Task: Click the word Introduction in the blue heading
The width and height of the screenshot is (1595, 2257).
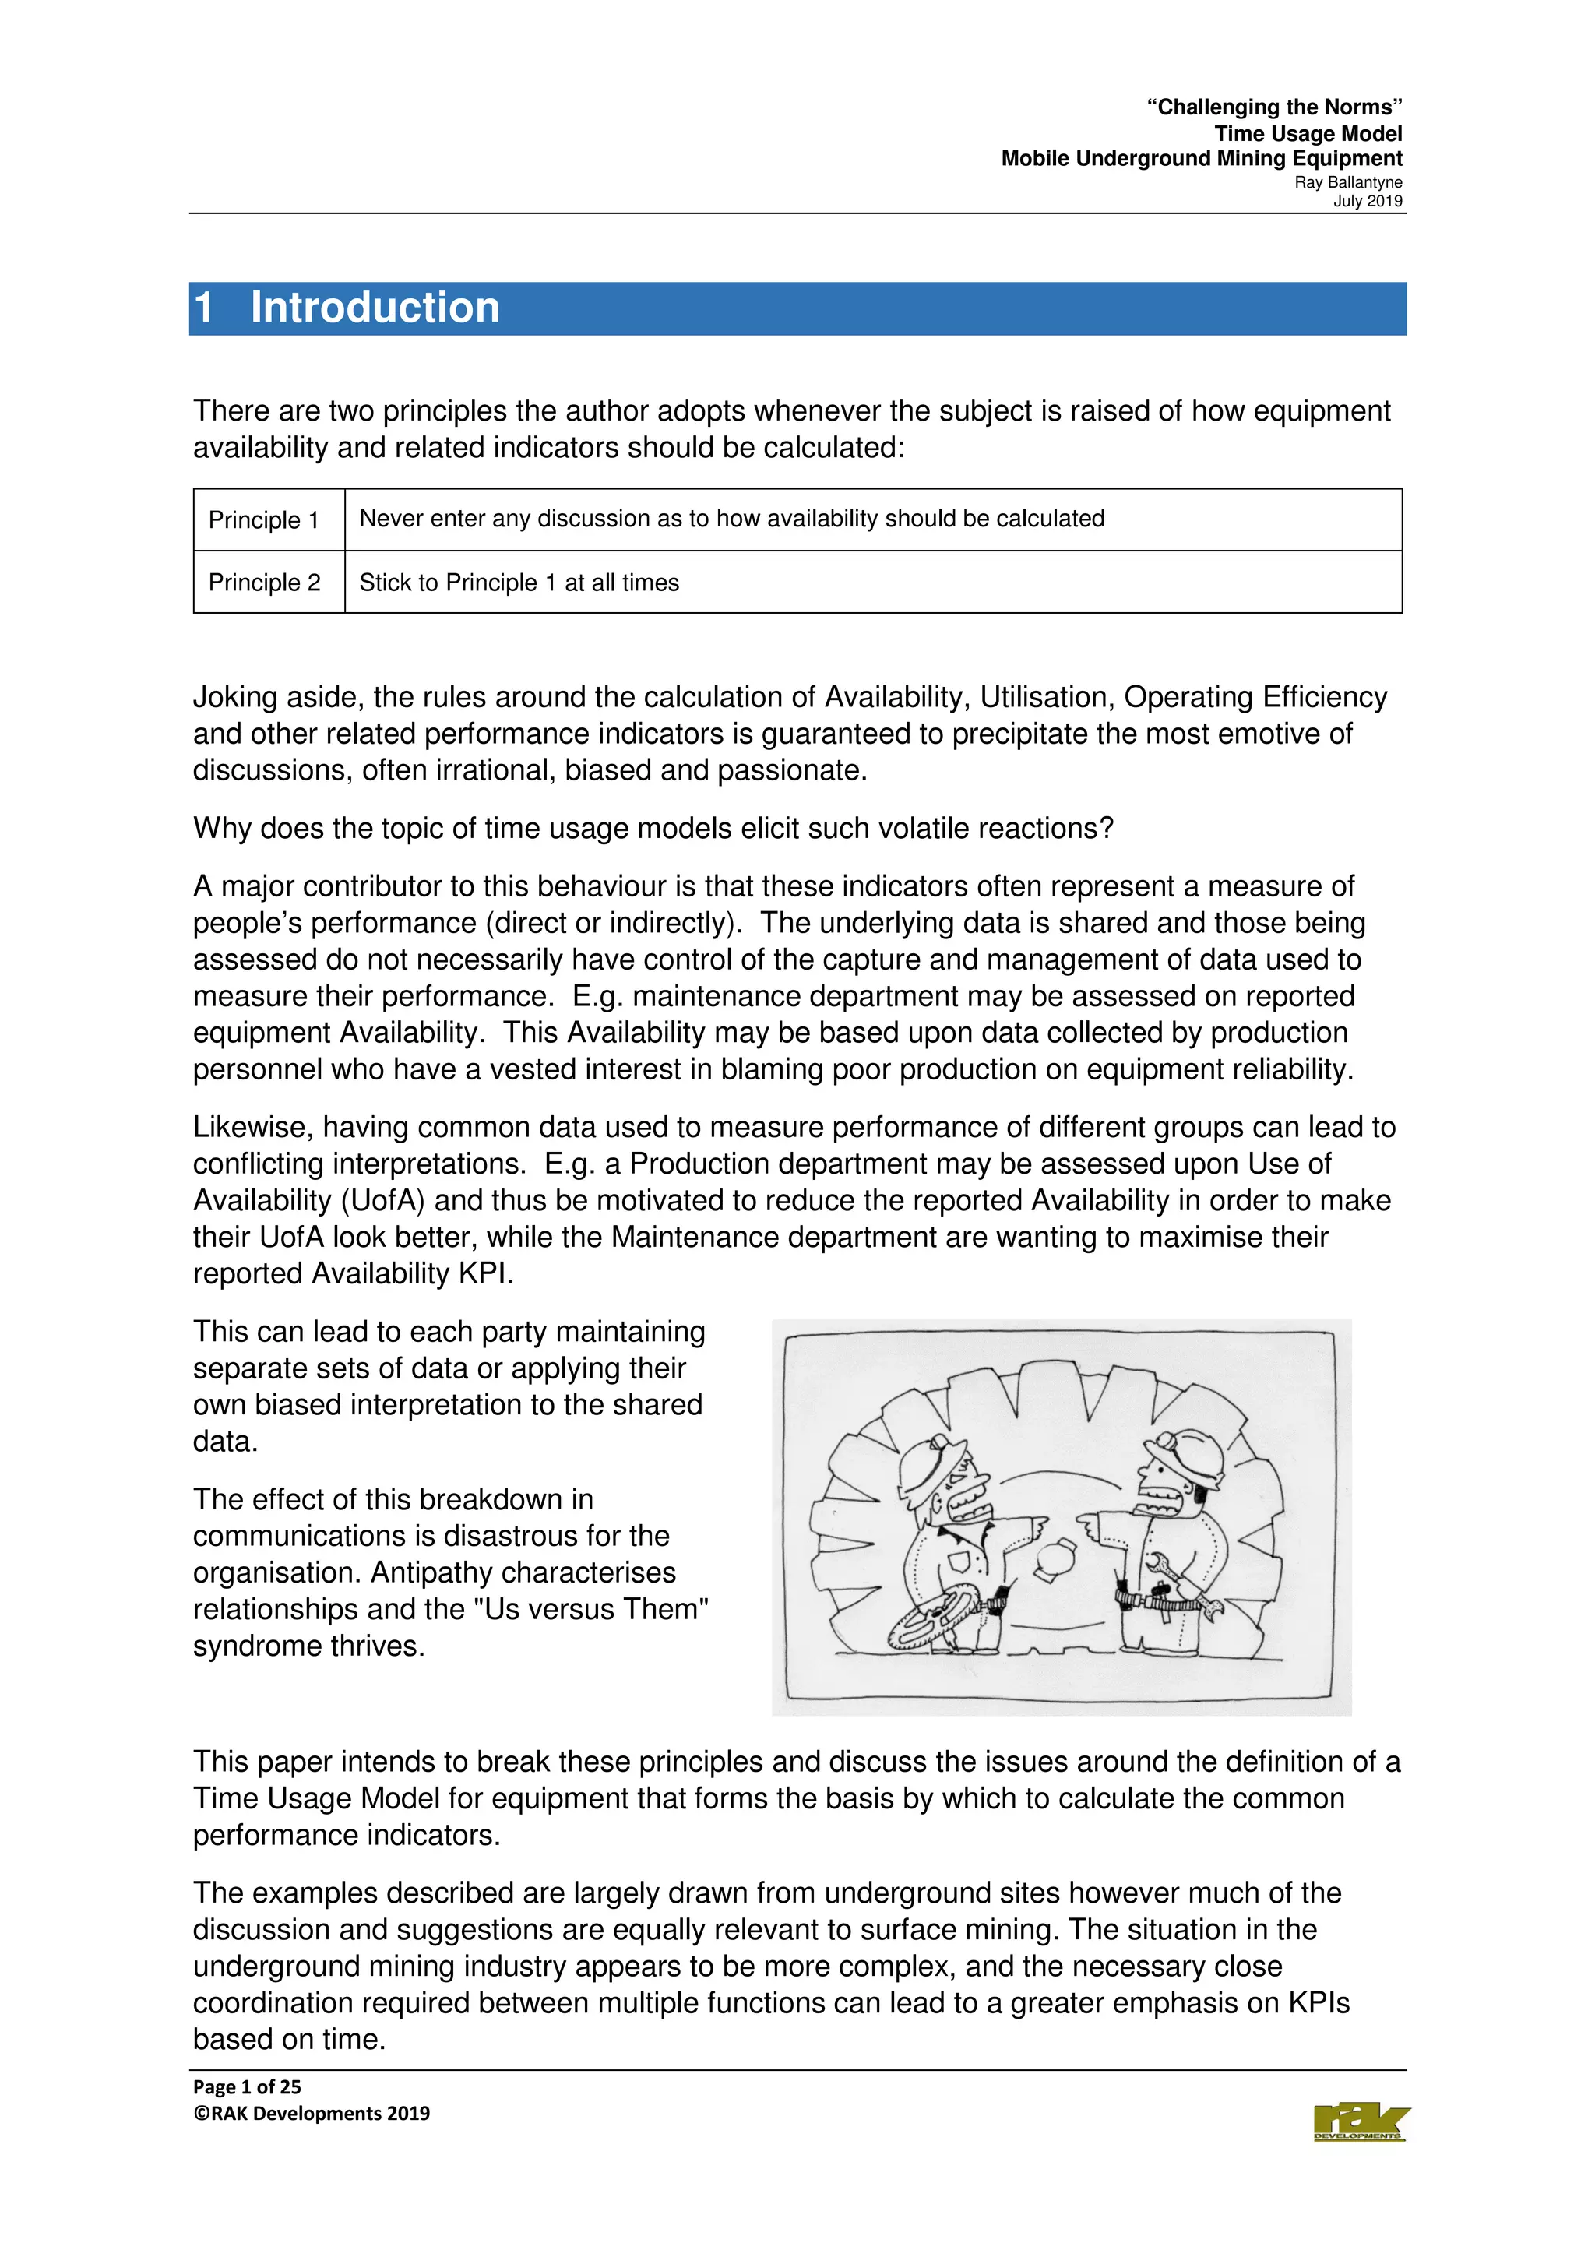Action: coord(375,308)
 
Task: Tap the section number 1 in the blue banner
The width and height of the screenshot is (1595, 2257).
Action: coord(204,308)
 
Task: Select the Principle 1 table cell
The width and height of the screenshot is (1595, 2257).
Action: coord(263,520)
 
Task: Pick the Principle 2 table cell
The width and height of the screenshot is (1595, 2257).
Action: coord(263,583)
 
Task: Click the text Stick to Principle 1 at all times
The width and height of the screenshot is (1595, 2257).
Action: coord(519,583)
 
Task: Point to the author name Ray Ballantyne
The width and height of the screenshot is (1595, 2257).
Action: coord(1347,183)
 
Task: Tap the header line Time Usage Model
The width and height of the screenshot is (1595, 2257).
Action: coord(1307,134)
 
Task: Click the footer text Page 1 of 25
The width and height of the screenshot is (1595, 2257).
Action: coord(247,2087)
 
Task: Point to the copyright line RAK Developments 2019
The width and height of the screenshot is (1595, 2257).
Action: coord(312,2114)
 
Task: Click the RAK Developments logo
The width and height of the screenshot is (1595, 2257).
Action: coord(1360,2122)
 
